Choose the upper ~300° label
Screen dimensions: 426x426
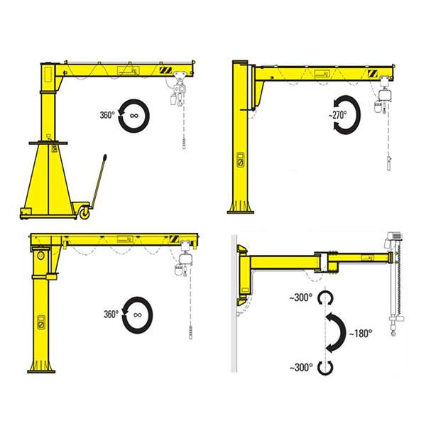click(x=300, y=297)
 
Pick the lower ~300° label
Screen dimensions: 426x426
click(x=300, y=367)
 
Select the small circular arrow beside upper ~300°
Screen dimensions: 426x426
click(x=326, y=297)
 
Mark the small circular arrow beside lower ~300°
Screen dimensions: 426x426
click(x=326, y=367)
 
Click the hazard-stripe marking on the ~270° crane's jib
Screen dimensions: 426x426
click(x=373, y=73)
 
